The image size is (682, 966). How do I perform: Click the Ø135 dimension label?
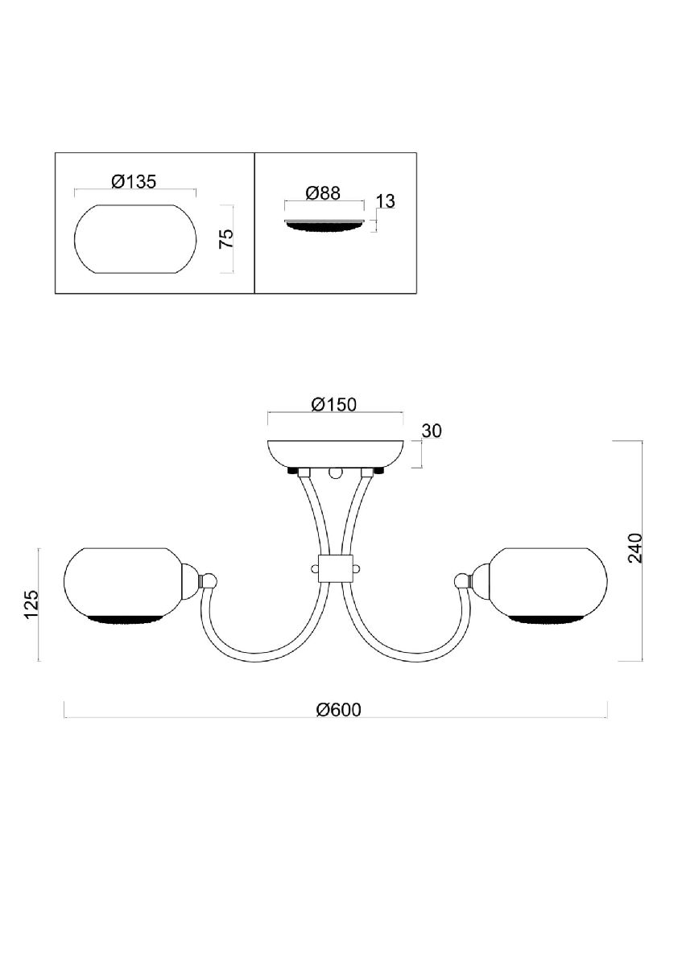[x=134, y=182]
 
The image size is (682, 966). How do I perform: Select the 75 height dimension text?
[x=226, y=238]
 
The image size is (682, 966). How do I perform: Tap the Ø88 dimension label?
[x=323, y=192]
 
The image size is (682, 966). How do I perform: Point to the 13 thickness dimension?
[x=386, y=201]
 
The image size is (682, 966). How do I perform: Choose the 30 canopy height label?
[x=432, y=431]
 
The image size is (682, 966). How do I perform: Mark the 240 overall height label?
[x=635, y=547]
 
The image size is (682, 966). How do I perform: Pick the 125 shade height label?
[x=31, y=605]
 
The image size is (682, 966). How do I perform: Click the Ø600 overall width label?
[x=338, y=709]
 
